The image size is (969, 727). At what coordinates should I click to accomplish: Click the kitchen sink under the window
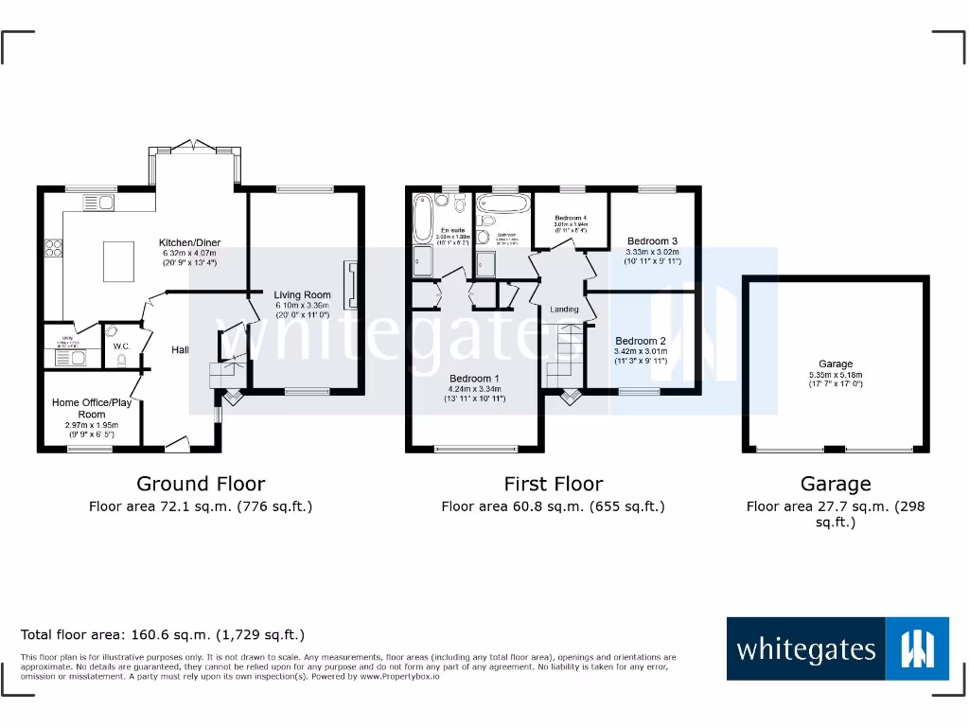[x=97, y=202]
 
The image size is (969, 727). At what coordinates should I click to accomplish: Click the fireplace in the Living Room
[x=352, y=285]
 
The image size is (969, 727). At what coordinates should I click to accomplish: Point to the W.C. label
[x=121, y=346]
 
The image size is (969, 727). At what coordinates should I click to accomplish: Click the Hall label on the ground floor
[x=180, y=350]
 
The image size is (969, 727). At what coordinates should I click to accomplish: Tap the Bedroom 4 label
[x=570, y=218]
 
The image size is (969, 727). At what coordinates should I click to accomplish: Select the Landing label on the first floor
[x=564, y=310]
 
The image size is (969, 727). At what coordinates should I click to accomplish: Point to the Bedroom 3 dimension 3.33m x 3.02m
[x=653, y=253]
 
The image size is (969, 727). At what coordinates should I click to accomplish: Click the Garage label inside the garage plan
[x=836, y=363]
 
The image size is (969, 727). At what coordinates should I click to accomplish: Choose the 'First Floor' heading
[x=553, y=484]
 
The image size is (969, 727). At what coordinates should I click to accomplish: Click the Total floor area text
[x=163, y=635]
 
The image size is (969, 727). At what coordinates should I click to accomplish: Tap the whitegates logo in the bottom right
[x=837, y=648]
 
